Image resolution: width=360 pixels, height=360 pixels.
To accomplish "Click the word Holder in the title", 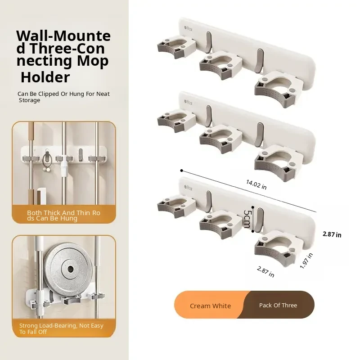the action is (45, 77).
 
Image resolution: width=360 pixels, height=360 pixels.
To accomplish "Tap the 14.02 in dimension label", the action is (256, 185).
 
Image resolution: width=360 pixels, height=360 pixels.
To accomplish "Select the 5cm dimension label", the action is (247, 219).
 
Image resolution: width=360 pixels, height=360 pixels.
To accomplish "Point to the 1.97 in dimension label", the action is (306, 261).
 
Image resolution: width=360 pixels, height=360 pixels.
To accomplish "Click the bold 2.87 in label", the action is (332, 234).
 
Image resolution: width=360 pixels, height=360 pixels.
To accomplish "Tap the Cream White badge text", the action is (210, 306).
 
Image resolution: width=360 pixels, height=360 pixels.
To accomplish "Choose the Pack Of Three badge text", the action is (278, 306).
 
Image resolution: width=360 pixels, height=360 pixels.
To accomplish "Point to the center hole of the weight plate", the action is (71, 269).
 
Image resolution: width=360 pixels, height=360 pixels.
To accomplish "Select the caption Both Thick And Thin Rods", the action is (63, 216).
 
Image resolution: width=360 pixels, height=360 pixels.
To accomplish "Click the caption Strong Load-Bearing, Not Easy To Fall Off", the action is (61, 328).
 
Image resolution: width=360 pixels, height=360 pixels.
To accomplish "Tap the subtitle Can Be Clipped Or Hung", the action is (63, 97).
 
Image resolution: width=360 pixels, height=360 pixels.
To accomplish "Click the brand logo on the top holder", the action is (188, 29).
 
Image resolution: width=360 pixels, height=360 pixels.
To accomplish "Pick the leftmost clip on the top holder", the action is (176, 47).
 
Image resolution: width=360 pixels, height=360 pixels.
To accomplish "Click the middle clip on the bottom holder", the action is (220, 225).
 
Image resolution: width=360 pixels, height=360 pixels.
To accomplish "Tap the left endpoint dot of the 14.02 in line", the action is (182, 171).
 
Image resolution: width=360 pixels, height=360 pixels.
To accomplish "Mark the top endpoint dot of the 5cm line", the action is (253, 207).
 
